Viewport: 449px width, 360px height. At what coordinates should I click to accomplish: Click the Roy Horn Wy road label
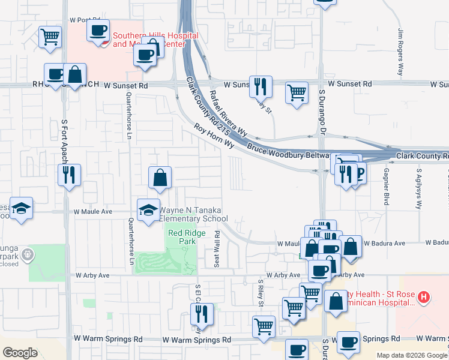pyautogui.click(x=213, y=136)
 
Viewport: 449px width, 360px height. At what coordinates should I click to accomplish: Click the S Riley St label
pyautogui.click(x=261, y=292)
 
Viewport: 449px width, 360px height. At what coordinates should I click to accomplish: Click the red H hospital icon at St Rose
pyautogui.click(x=424, y=296)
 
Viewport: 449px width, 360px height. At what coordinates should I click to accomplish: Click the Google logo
pyautogui.click(x=20, y=353)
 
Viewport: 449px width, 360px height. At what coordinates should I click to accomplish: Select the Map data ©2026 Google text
pyautogui.click(x=412, y=355)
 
